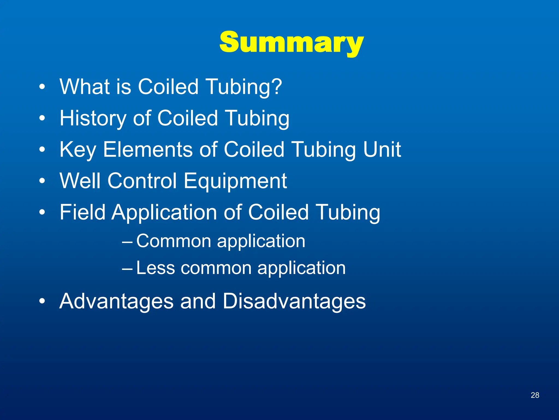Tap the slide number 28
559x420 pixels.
click(535, 395)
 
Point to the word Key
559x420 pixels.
click(78, 150)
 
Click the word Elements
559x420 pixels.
click(148, 150)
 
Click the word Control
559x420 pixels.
click(142, 181)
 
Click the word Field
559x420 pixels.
click(82, 212)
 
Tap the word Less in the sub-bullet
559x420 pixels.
click(155, 268)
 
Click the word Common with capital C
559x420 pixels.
click(174, 241)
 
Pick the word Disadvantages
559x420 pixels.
click(294, 301)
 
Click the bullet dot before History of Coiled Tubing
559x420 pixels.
click(42, 118)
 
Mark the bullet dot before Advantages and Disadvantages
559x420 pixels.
click(42, 301)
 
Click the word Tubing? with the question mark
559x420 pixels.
click(243, 87)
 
